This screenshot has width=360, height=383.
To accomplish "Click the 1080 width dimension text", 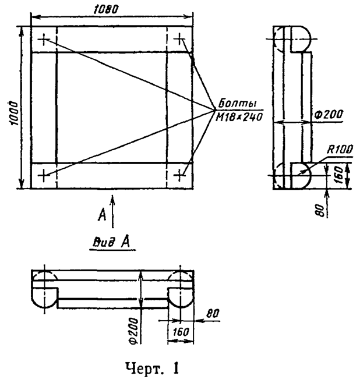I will pyautogui.click(x=105, y=9).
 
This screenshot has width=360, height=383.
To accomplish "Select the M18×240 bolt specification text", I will pyautogui.click(x=239, y=116).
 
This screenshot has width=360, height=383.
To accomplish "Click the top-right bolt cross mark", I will pyautogui.click(x=181, y=40).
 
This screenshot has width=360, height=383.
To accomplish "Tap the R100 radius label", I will pyautogui.click(x=340, y=150).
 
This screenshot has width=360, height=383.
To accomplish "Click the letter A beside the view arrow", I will pyautogui.click(x=101, y=216).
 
